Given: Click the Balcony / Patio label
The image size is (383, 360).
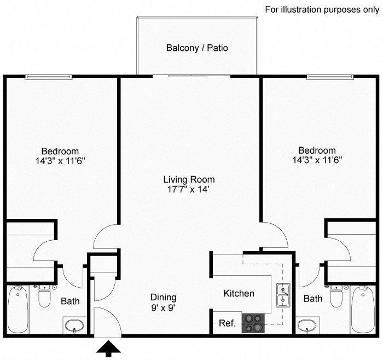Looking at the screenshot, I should pyautogui.click(x=197, y=48).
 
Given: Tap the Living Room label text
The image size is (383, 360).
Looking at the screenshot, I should pyautogui.click(x=189, y=179).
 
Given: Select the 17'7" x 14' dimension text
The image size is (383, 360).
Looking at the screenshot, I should pyautogui.click(x=189, y=190).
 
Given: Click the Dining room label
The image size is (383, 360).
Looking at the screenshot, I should pyautogui.click(x=164, y=297).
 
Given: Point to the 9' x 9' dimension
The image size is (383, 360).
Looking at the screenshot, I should pyautogui.click(x=164, y=307).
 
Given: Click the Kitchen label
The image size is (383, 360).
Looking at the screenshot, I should pyautogui.click(x=239, y=294).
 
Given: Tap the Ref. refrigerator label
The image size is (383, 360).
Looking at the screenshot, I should pyautogui.click(x=227, y=323).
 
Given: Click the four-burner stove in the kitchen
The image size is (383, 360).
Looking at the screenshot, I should pyautogui.click(x=253, y=323).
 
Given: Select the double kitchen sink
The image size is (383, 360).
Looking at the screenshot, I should pyautogui.click(x=283, y=296).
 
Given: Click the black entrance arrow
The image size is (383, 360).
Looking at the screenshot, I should pyautogui.click(x=108, y=349).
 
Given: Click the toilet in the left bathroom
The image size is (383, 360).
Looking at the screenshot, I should pyautogui.click(x=44, y=297).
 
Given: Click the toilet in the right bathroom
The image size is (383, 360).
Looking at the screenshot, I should pyautogui.click(x=336, y=297).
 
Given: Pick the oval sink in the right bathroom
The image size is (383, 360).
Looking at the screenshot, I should pyautogui.click(x=307, y=326).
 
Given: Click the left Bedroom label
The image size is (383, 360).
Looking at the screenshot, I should pyautogui.click(x=60, y=151).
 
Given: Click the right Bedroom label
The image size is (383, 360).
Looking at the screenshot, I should pyautogui.click(x=317, y=150).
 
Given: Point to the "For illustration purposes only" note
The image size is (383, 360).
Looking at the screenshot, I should pyautogui.click(x=321, y=9).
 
